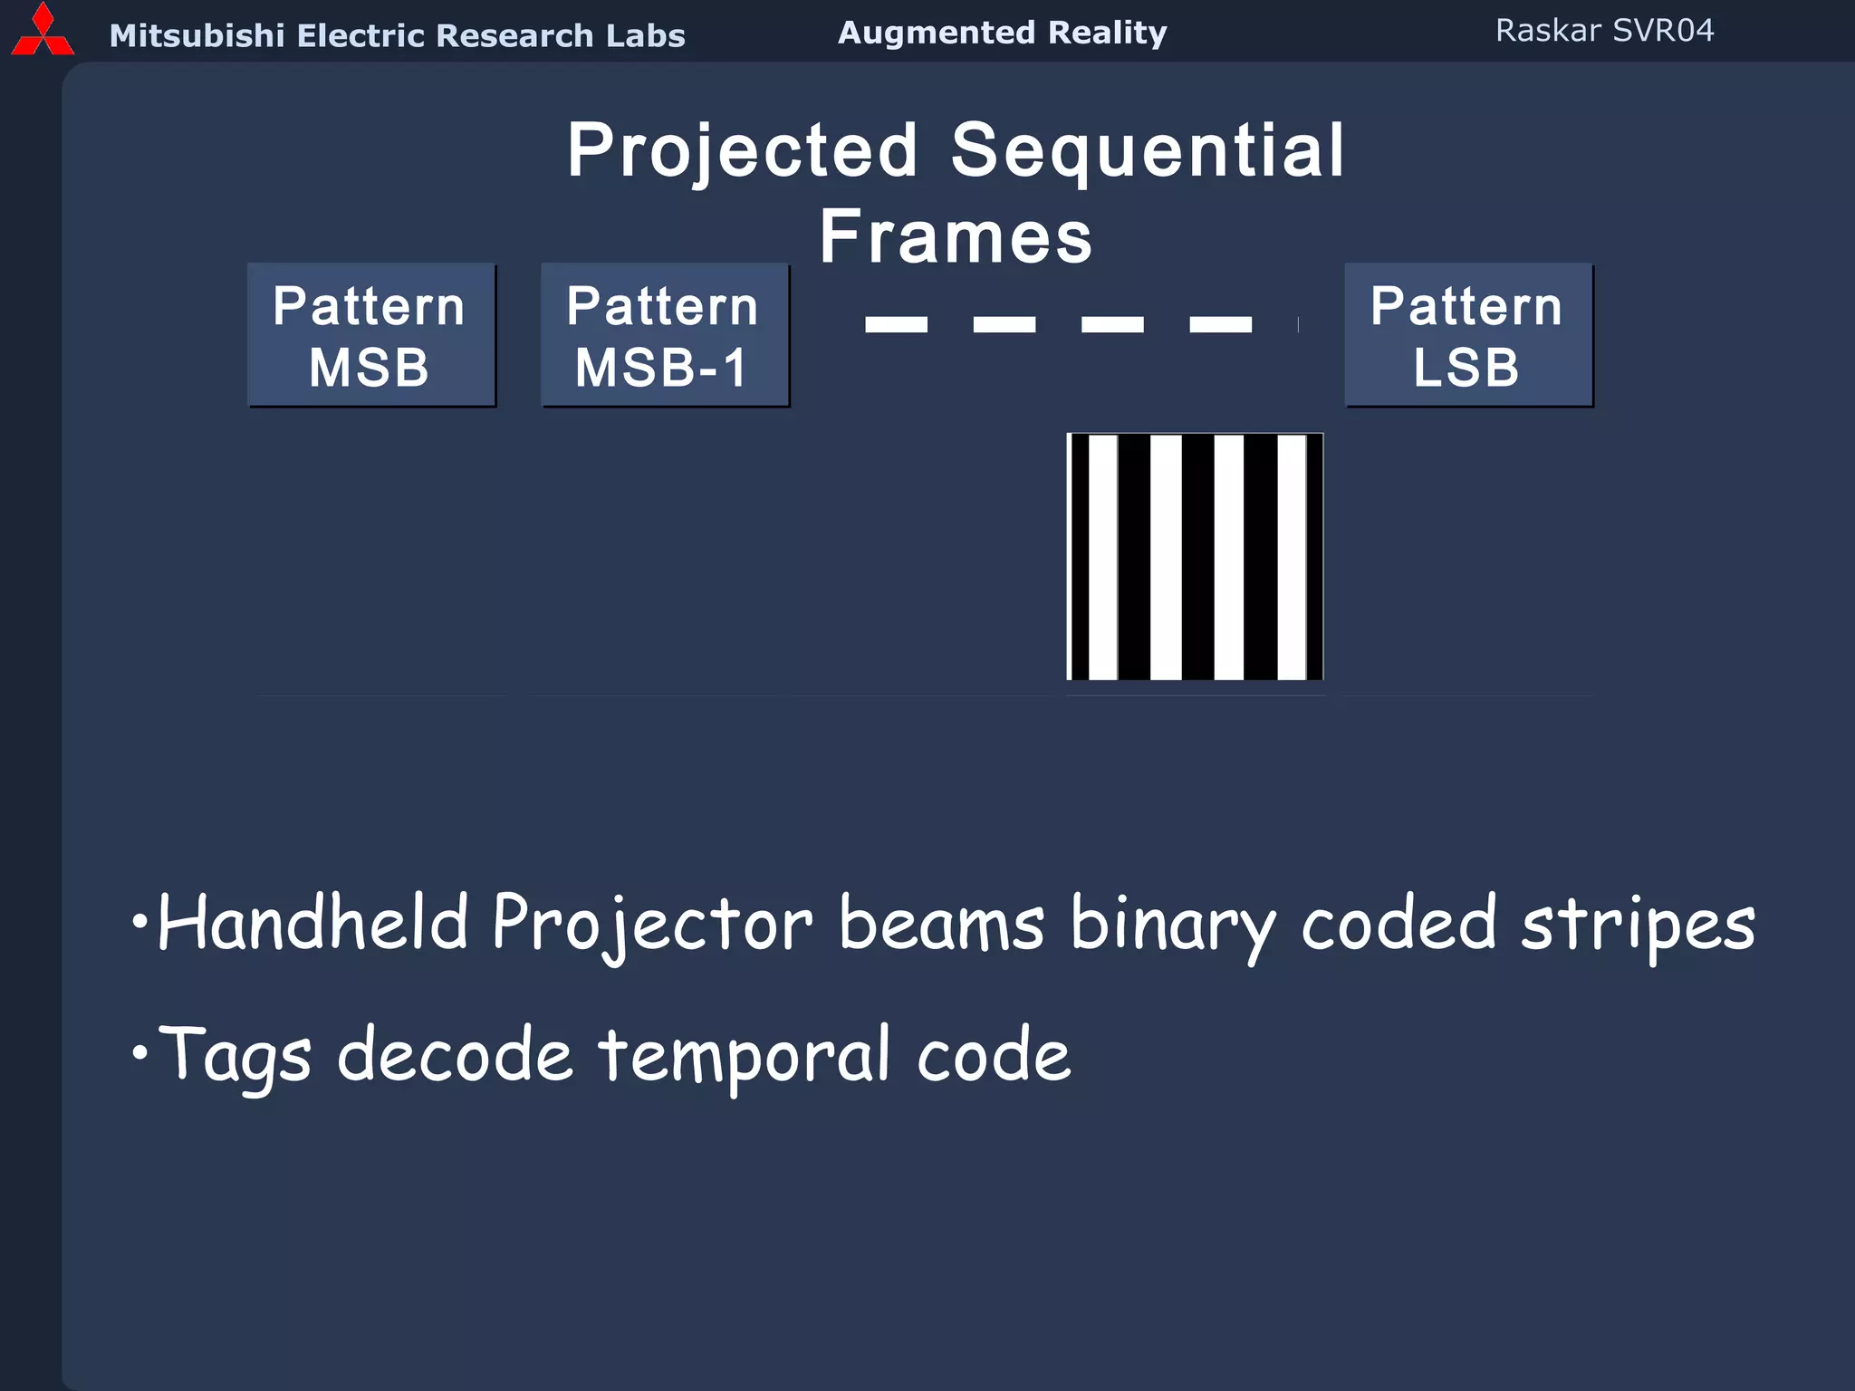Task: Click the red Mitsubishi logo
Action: pyautogui.click(x=42, y=33)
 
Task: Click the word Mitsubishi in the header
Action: pyautogui.click(x=197, y=36)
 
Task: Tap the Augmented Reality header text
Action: pyautogui.click(x=1002, y=34)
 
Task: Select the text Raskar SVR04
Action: pyautogui.click(x=1604, y=31)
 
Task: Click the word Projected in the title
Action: pyautogui.click(x=743, y=151)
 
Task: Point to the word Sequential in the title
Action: pyautogui.click(x=1148, y=151)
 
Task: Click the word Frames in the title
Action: pyautogui.click(x=956, y=237)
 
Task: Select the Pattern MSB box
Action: pyautogui.click(x=371, y=335)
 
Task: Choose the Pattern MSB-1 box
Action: pyautogui.click(x=665, y=335)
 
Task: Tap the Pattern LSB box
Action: pyautogui.click(x=1467, y=335)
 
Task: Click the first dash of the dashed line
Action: pyautogui.click(x=896, y=324)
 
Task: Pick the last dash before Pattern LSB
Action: pyautogui.click(x=1220, y=324)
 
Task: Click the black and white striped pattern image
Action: pyautogui.click(x=1195, y=556)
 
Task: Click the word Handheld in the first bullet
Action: pyautogui.click(x=312, y=923)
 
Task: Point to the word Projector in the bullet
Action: pyautogui.click(x=652, y=925)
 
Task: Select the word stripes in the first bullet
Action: pyautogui.click(x=1638, y=925)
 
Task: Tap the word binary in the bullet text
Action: pyautogui.click(x=1173, y=925)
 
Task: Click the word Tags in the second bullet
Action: pyautogui.click(x=235, y=1055)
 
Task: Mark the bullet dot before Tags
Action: pyautogui.click(x=139, y=1053)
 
